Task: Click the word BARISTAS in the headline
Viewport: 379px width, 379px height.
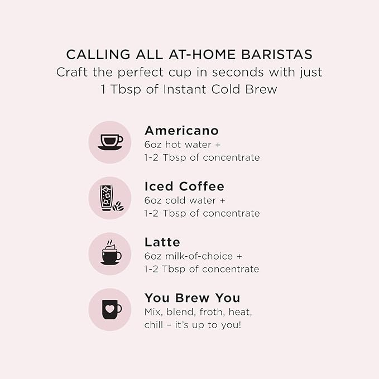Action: coord(277,54)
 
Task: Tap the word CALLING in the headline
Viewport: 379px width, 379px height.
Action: coord(98,54)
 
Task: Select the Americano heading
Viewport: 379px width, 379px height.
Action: coord(181,131)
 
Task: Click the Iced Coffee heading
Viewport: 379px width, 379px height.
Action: coord(184,186)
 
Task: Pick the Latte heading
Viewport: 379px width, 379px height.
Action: coord(162,242)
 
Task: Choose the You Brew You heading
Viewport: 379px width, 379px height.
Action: coord(193,298)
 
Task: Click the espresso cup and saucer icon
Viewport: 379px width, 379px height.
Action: coord(111,142)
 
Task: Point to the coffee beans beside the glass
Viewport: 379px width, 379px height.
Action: coord(118,206)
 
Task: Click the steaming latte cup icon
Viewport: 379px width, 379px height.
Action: coord(111,252)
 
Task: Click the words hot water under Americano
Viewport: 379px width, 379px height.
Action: coord(188,145)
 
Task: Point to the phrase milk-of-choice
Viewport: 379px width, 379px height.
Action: coord(199,256)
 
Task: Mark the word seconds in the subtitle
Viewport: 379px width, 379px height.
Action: coord(238,72)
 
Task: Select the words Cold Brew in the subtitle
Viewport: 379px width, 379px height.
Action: coord(244,89)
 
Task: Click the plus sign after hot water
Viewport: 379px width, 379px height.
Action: coord(218,145)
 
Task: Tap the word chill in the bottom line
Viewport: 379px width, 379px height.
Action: coord(153,325)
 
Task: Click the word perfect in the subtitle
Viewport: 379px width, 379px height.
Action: coord(141,72)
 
